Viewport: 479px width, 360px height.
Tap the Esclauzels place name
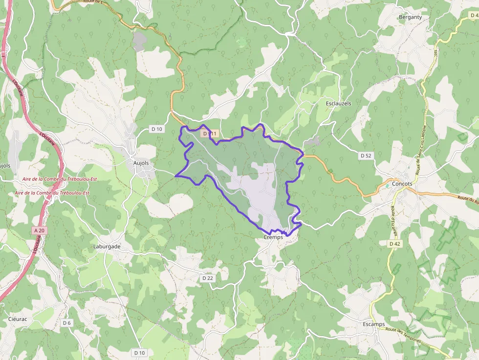point(338,104)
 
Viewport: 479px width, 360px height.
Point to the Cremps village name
point(273,237)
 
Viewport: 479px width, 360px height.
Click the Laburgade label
point(107,247)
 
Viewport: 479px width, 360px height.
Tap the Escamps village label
point(374,324)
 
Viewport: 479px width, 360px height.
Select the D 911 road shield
point(209,133)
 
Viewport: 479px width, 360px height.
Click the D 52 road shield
point(366,155)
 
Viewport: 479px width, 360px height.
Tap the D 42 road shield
point(395,243)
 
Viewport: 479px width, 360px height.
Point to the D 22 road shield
point(208,278)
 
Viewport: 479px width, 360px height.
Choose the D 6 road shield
point(67,323)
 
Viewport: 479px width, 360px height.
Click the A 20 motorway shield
point(40,230)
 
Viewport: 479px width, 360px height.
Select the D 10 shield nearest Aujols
point(156,129)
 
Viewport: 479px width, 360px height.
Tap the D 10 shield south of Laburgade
point(140,352)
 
